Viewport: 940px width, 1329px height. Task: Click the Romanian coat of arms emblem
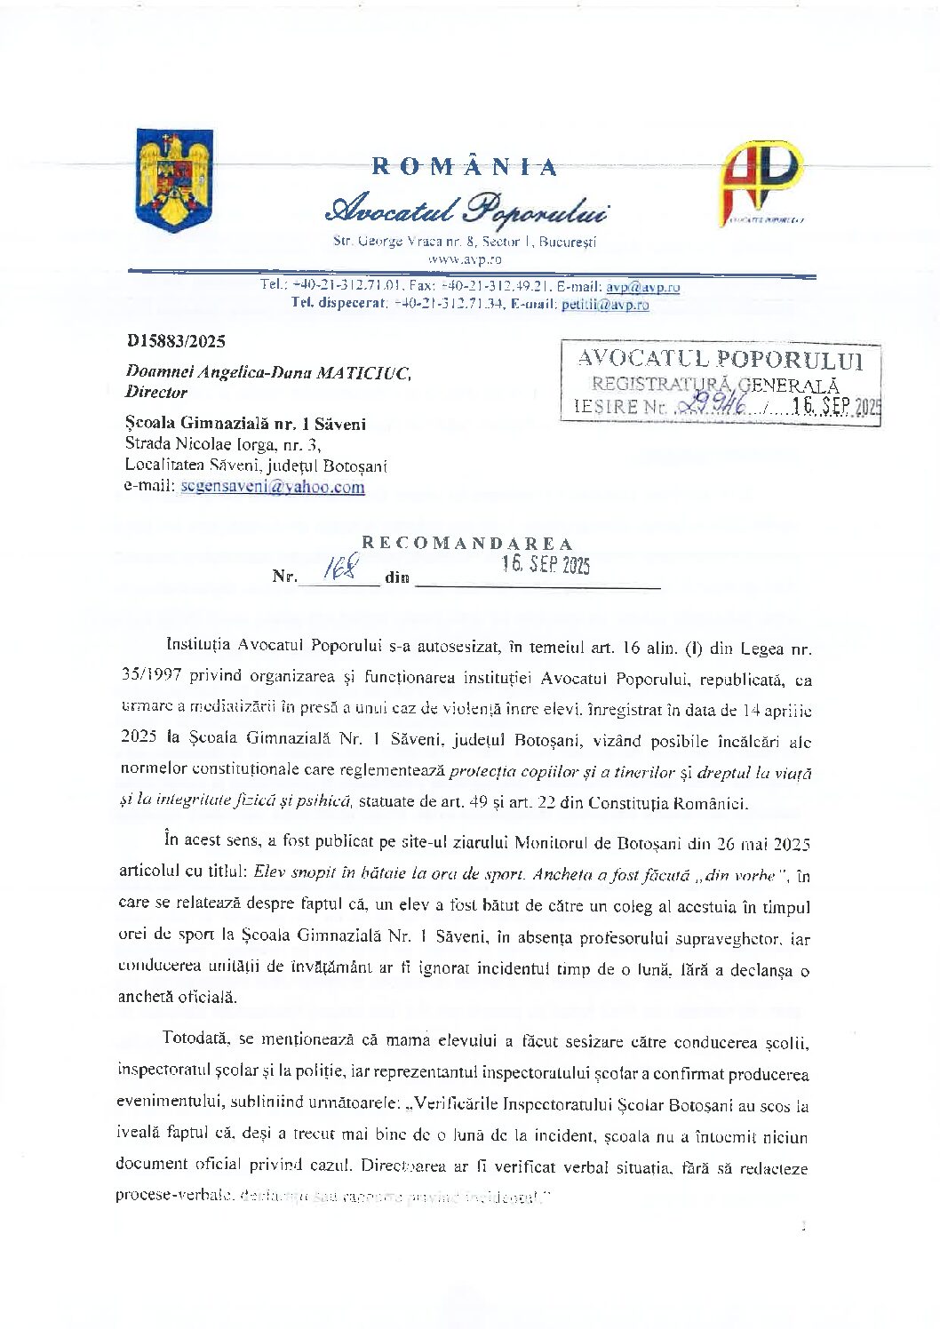pos(174,180)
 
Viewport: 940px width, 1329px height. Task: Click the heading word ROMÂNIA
pos(465,167)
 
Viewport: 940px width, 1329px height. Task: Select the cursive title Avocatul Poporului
pos(467,211)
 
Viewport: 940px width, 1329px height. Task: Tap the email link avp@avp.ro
pos(643,287)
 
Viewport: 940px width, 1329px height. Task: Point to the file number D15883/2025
pos(176,341)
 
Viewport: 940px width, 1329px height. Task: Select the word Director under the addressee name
pos(156,392)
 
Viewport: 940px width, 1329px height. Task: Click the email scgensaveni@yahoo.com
pos(272,487)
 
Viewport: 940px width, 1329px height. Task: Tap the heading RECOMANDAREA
pos(466,544)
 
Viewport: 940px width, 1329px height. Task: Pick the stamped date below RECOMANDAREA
pos(545,565)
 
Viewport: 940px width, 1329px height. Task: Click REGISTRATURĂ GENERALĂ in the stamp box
pos(715,385)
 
